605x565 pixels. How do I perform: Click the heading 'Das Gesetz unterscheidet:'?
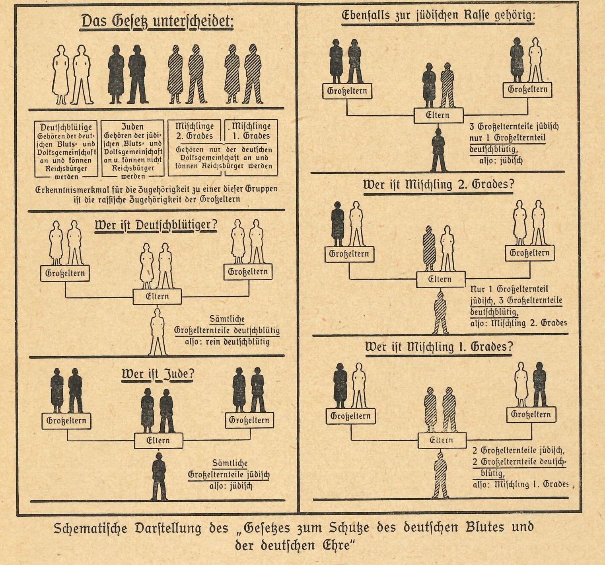[x=158, y=21]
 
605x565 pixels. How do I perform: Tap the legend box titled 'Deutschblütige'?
[x=66, y=149]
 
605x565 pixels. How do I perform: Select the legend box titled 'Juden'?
[x=132, y=149]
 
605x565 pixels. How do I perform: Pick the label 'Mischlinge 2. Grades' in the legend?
[x=195, y=131]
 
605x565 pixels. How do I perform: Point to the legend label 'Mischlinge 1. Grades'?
[x=251, y=131]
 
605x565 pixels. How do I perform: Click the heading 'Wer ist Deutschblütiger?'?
[x=156, y=225]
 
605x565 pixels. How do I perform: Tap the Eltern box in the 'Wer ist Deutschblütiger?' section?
[x=157, y=297]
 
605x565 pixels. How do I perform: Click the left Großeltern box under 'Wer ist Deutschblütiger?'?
[x=65, y=274]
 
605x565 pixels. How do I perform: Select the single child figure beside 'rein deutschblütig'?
[x=158, y=332]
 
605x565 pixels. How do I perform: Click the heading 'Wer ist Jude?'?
[x=158, y=375]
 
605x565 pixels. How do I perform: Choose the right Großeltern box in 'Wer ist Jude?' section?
[x=249, y=420]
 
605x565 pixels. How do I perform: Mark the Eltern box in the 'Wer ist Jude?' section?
[x=158, y=441]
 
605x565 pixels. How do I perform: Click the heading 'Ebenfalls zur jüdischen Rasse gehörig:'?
[x=438, y=16]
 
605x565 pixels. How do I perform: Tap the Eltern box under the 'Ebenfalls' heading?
[x=438, y=116]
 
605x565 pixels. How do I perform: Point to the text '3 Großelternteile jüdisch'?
[x=514, y=127]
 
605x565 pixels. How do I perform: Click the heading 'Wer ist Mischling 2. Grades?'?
[x=438, y=185]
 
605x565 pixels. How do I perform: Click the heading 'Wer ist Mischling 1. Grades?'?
[x=439, y=347]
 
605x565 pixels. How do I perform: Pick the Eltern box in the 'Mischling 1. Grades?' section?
[x=442, y=441]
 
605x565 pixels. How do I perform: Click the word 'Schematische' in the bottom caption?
[x=90, y=528]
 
